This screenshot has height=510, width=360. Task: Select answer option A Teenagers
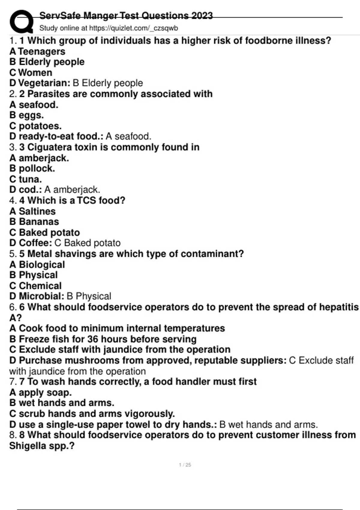click(x=37, y=51)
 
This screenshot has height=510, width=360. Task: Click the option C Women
click(x=31, y=73)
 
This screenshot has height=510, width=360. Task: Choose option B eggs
click(x=27, y=115)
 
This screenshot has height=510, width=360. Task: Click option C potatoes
click(x=35, y=126)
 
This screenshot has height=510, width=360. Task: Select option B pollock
click(x=32, y=169)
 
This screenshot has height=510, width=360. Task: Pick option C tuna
click(x=25, y=179)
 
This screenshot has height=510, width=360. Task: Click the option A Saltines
click(x=32, y=211)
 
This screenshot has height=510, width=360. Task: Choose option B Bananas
click(x=34, y=222)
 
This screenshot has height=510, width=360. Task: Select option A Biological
click(x=37, y=265)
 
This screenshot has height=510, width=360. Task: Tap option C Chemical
click(x=35, y=286)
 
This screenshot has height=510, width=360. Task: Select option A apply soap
click(x=40, y=392)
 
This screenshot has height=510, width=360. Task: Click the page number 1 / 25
click(x=185, y=465)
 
